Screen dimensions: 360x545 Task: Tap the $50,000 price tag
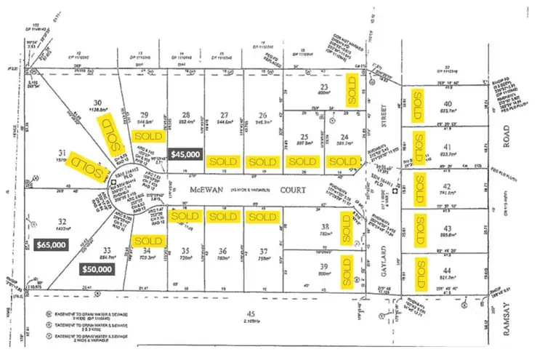point(96,269)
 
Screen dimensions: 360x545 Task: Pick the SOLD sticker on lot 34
point(148,241)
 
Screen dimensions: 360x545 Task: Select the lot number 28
point(187,114)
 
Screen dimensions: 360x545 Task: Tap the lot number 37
point(262,252)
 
